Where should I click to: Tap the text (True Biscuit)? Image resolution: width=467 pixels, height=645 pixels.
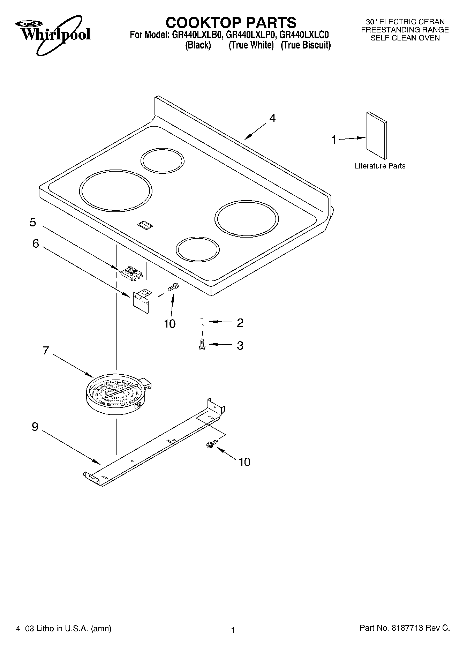306,45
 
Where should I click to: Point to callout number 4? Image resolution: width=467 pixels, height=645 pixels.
272,118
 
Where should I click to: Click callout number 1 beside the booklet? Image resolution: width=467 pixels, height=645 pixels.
333,140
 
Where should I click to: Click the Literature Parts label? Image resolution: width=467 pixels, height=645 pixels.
380,166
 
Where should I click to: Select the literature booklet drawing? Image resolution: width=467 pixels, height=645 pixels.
376,135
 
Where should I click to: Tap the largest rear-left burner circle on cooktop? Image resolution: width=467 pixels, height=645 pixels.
115,190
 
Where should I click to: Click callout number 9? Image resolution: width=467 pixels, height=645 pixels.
35,427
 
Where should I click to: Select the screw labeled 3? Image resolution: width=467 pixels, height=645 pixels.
202,345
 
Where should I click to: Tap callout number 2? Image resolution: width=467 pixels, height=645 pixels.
240,323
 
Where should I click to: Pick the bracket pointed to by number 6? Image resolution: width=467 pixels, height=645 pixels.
142,299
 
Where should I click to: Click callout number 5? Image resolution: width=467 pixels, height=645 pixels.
33,222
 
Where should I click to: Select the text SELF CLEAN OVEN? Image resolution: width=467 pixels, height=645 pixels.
405,38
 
